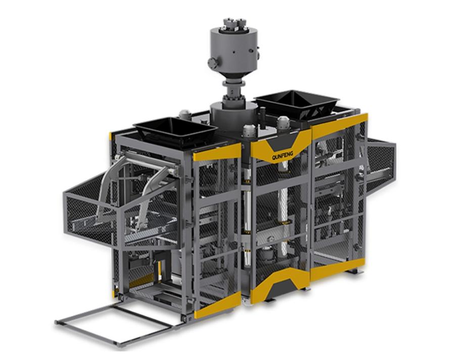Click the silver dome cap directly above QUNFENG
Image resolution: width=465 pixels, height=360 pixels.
tap(284, 122)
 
